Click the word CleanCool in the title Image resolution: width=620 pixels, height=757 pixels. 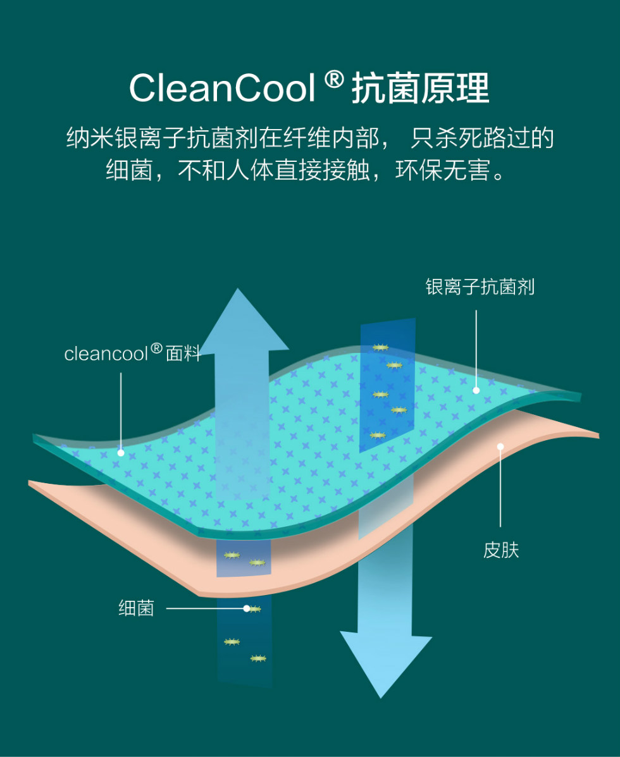point(221,89)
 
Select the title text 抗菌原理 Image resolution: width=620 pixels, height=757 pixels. point(420,89)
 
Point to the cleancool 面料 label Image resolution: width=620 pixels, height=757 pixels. point(132,354)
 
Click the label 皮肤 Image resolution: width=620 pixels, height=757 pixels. point(500,550)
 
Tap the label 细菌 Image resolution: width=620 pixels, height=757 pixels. point(136,609)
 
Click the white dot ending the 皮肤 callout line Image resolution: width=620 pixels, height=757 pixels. point(500,446)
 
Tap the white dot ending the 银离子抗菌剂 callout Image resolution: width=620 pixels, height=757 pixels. point(476,390)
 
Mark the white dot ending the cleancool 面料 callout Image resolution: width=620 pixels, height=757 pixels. point(120,453)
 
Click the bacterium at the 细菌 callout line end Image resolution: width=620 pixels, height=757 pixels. point(253,609)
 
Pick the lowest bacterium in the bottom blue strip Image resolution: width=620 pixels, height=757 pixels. point(258,658)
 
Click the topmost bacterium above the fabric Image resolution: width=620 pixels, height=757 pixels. point(380,347)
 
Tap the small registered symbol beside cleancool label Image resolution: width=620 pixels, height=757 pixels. point(156,348)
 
